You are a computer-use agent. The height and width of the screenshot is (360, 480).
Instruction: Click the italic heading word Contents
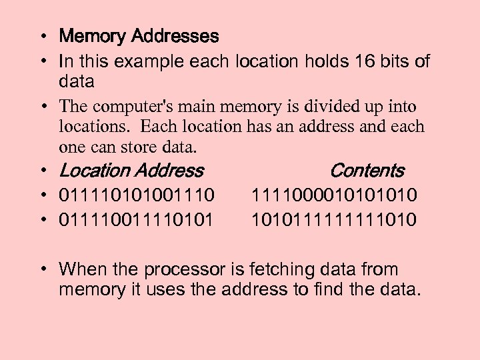coord(367,171)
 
